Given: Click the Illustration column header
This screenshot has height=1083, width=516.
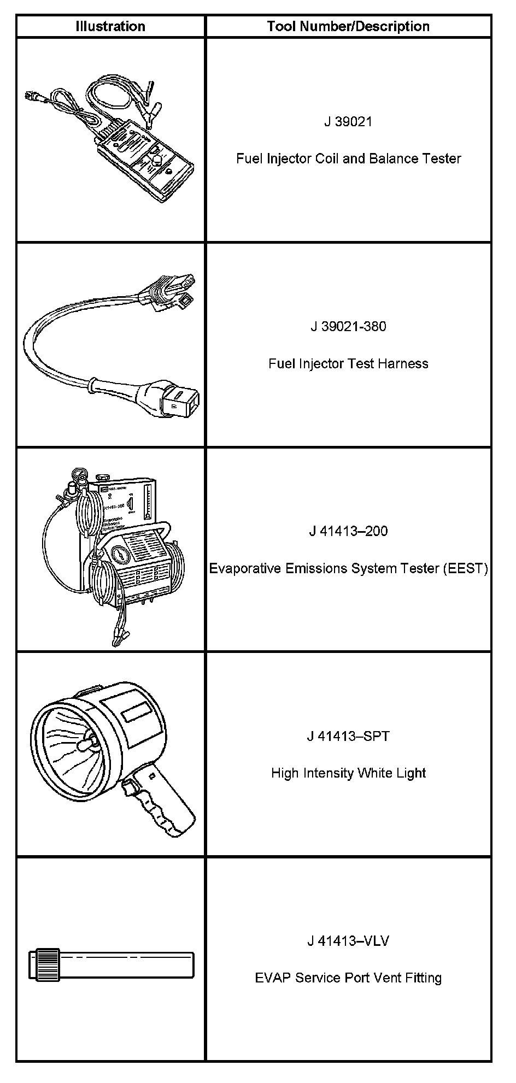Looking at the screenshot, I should pos(110,26).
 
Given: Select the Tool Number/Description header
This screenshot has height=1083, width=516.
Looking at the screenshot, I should pos(348,26).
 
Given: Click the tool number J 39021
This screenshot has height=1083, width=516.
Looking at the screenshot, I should pos(348,121).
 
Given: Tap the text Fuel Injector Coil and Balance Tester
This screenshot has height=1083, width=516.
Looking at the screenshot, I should pos(348,158).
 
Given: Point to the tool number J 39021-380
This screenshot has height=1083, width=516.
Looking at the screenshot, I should pos(348,326).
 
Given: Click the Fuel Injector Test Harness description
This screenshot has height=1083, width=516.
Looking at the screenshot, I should pos(348,363).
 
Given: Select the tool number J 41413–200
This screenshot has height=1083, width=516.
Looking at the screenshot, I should pos(348,531).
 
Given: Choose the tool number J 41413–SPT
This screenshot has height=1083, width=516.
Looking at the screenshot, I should pos(348,736).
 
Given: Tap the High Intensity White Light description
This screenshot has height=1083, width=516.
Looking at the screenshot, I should pos(348,773).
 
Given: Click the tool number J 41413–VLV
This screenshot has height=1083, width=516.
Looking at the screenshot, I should pos(348,941).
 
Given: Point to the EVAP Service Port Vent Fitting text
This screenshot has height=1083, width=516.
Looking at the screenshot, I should pos(348,978).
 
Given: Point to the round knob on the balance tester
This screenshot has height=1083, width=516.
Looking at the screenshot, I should pos(157,160).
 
